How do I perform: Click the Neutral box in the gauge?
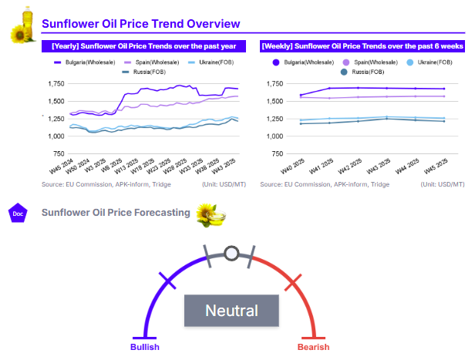pos(231,311)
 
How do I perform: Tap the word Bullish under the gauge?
pos(143,347)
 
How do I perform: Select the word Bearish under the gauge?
pos(313,347)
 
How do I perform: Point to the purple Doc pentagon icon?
pos(17,213)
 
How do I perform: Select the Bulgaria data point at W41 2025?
pos(329,89)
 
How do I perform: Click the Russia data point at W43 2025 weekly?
pos(387,119)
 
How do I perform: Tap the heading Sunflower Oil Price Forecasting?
pos(116,212)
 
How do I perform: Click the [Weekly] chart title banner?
pos(362,45)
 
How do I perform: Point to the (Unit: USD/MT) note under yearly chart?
pos(230,185)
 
